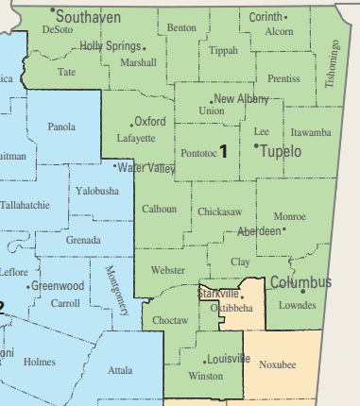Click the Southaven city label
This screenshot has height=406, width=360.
tap(92, 16)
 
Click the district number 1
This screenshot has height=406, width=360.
tap(224, 150)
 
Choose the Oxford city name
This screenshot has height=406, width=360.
tap(150, 122)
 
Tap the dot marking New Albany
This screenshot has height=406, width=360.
tap(211, 99)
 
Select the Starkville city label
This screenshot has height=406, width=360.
tap(218, 295)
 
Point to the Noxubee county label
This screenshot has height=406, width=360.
tap(278, 363)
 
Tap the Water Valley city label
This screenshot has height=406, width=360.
tap(147, 168)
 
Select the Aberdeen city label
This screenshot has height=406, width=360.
tap(258, 231)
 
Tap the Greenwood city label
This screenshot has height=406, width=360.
tap(58, 286)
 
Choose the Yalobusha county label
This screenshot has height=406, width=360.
tap(97, 191)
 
